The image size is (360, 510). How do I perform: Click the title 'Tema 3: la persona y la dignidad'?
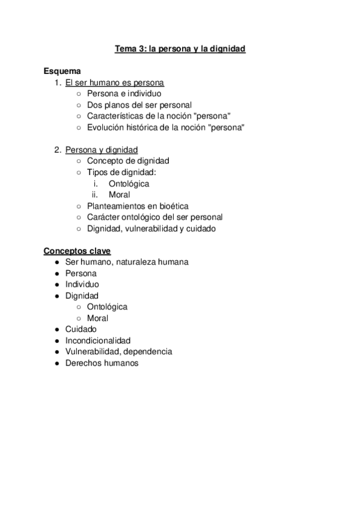point(180,49)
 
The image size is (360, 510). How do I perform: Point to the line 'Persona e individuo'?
point(124,94)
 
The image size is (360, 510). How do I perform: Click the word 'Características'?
point(114,116)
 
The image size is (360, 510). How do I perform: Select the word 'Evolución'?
point(106,127)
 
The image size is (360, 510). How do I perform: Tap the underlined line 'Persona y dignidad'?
point(102,150)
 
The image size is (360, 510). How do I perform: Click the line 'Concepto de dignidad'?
point(128,161)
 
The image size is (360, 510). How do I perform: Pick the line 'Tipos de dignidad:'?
point(121,172)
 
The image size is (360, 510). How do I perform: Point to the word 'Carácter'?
point(103,217)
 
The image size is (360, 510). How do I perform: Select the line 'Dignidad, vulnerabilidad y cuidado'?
point(151,228)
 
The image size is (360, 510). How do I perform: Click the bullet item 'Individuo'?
point(82,284)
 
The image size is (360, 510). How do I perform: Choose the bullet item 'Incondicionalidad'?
point(98,340)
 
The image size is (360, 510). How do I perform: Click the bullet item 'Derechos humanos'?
point(102,363)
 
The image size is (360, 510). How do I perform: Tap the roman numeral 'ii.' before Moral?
point(95,195)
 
